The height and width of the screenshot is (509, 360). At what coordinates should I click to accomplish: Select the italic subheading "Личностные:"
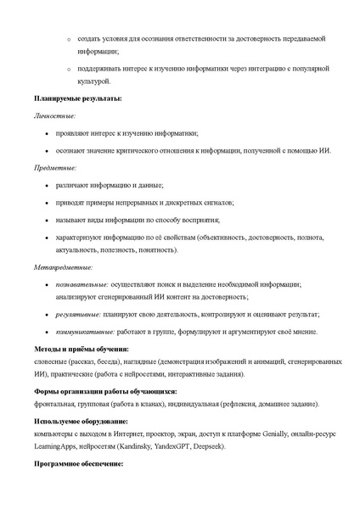(54, 115)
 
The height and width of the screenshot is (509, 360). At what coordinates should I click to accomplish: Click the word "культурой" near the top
(93, 81)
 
